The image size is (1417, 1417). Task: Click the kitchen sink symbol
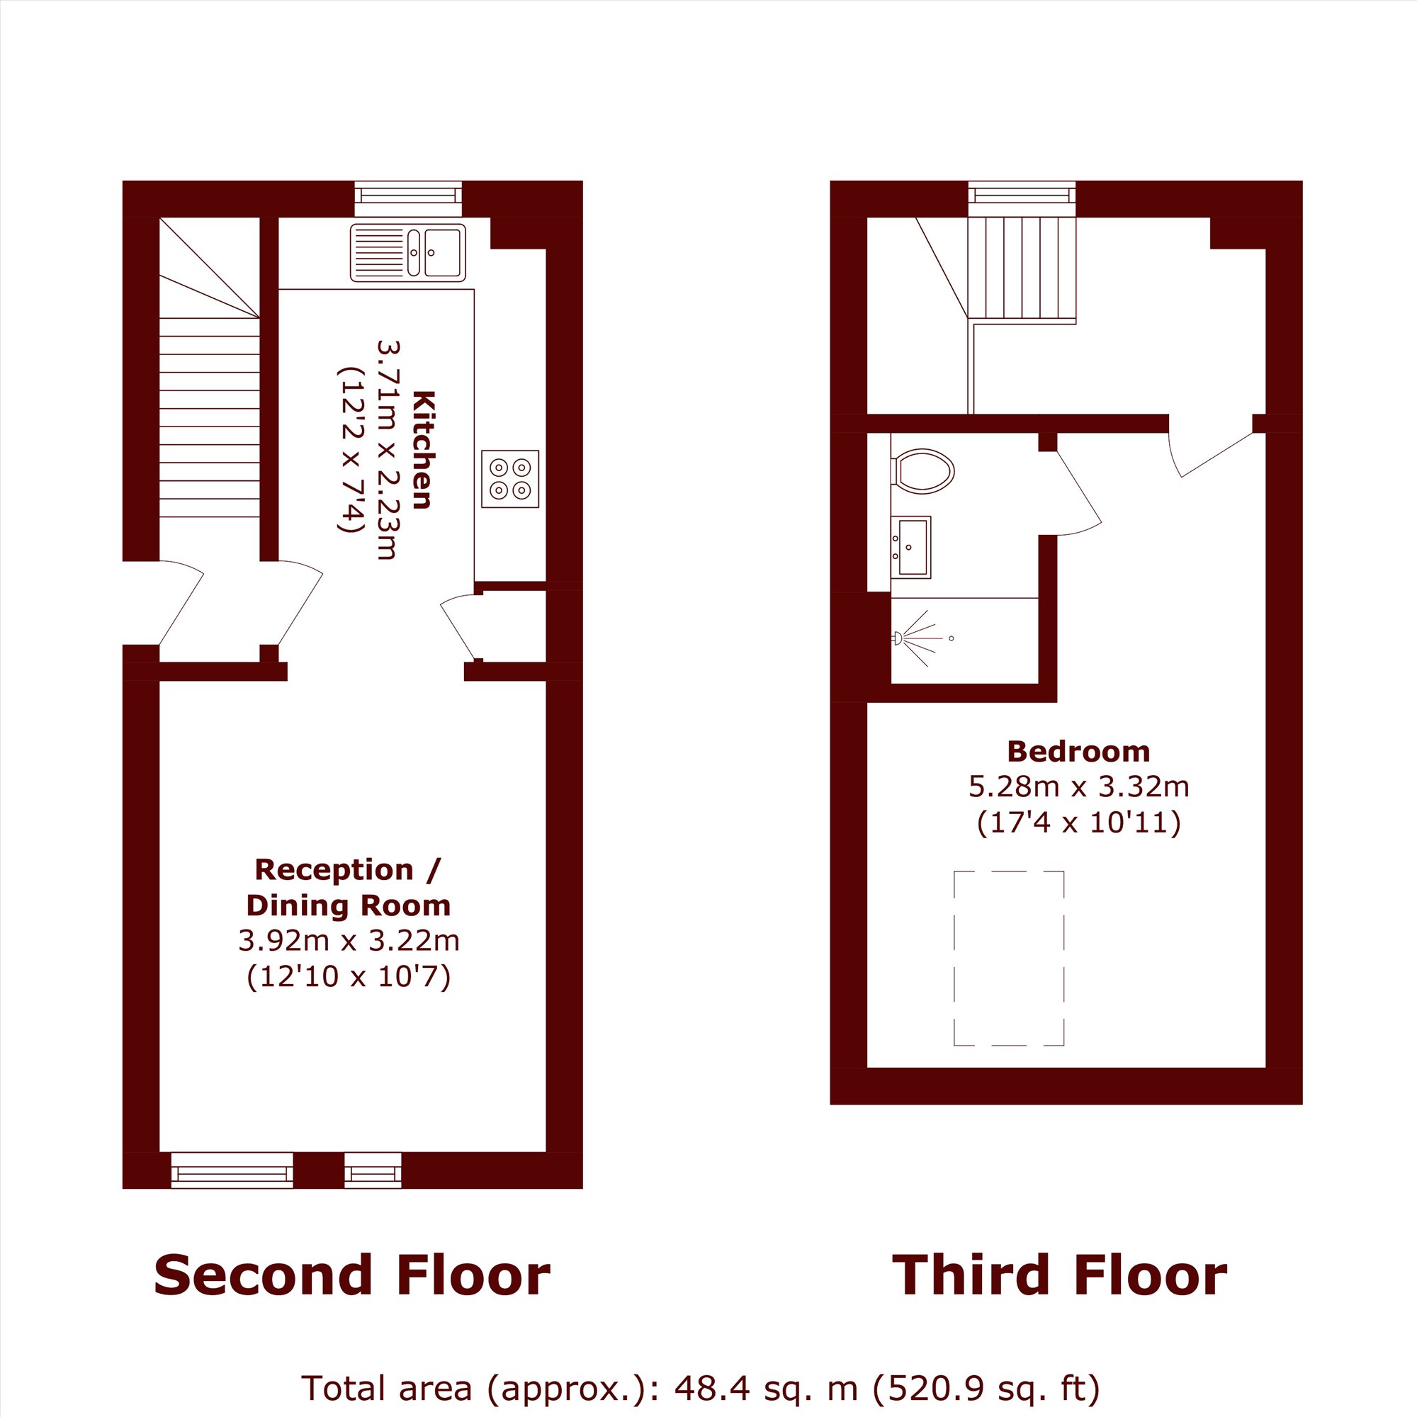(408, 253)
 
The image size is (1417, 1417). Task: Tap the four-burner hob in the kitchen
(509, 479)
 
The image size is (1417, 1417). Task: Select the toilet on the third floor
(922, 471)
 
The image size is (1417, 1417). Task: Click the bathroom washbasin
(911, 546)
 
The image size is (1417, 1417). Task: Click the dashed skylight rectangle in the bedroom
(1008, 957)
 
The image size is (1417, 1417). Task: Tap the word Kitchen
(424, 450)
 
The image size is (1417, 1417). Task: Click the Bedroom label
(1078, 752)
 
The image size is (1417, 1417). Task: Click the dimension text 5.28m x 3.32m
(1079, 787)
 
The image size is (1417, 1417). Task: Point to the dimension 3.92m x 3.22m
(349, 940)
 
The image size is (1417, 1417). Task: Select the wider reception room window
(232, 1170)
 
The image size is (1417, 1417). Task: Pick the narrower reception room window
(373, 1170)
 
